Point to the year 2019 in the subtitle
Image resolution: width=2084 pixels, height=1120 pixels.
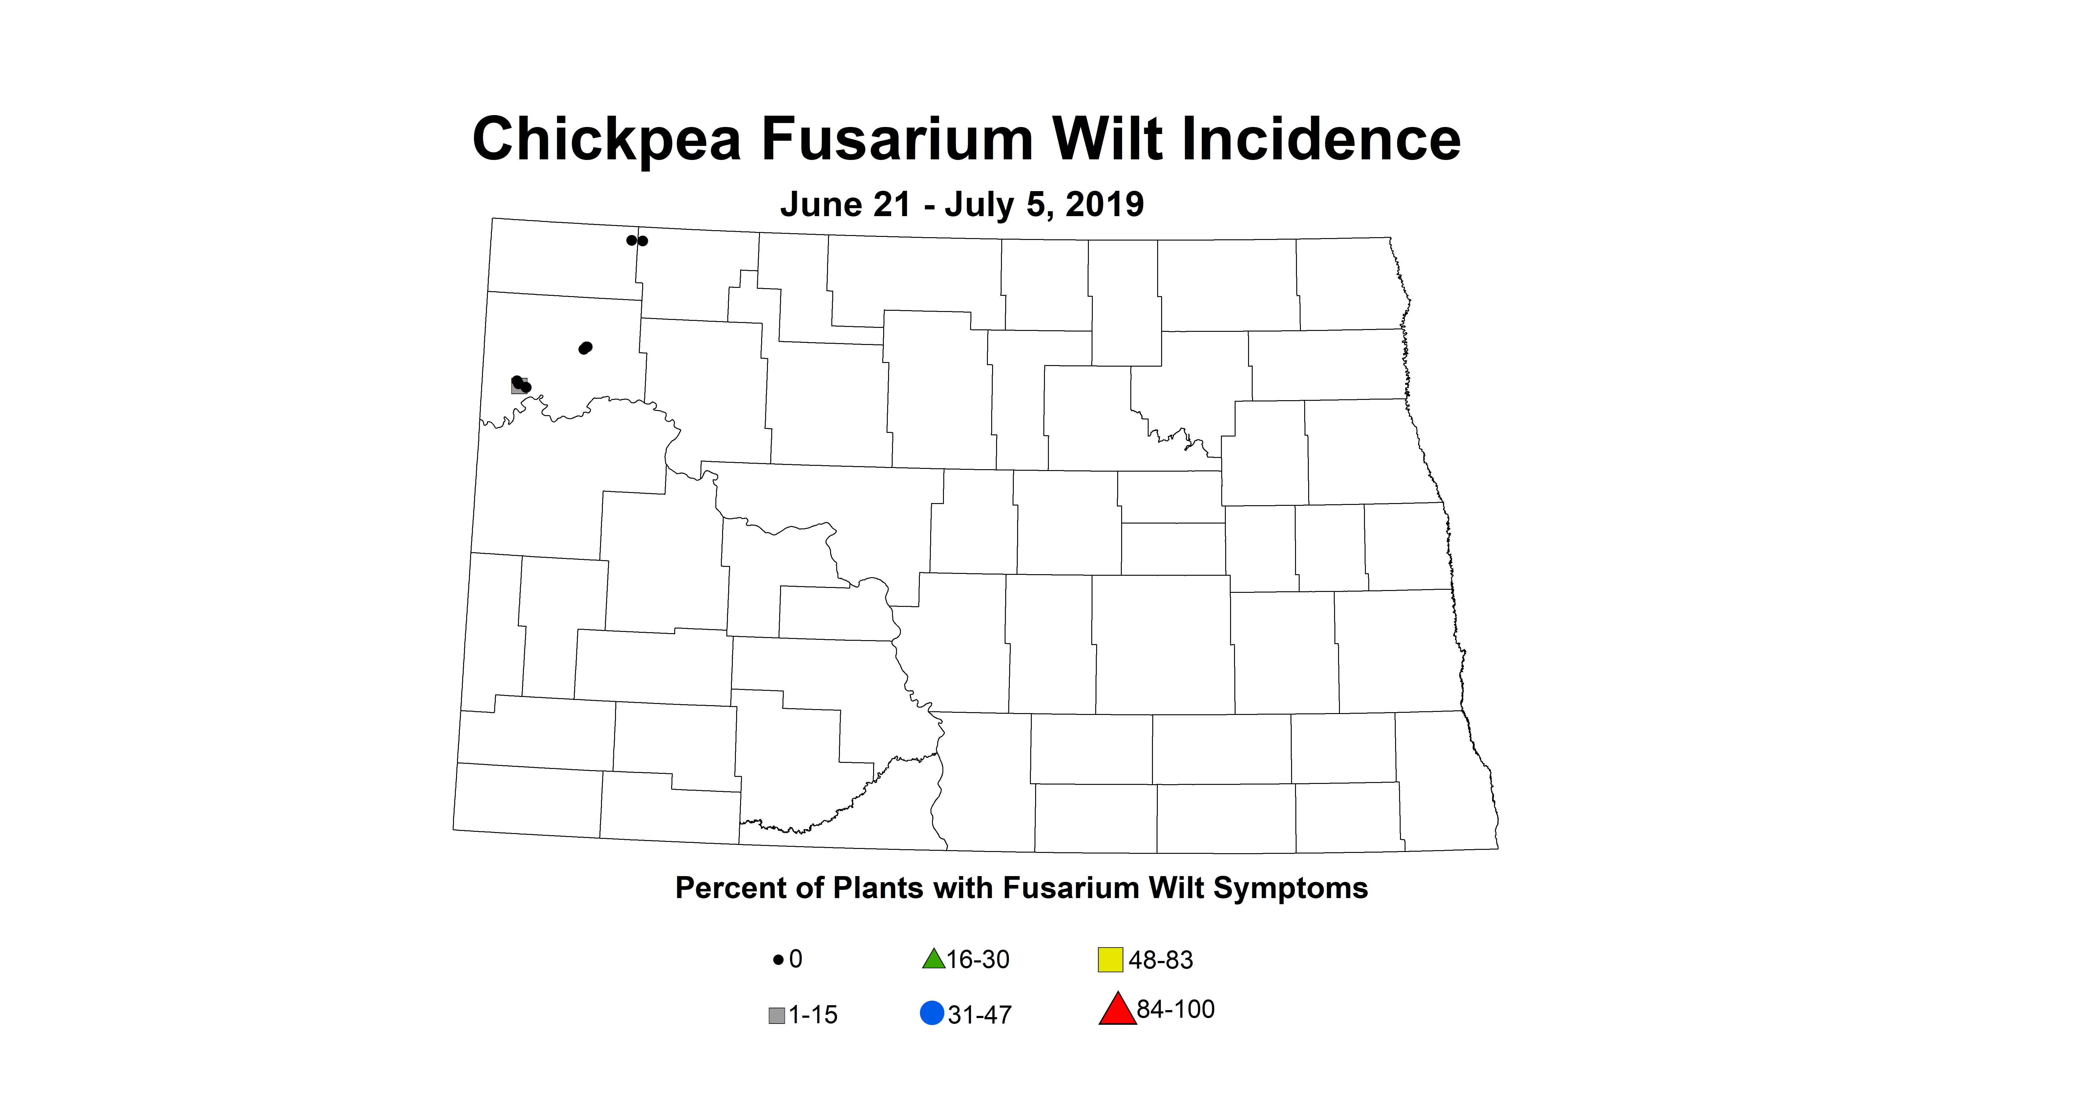pos(1104,205)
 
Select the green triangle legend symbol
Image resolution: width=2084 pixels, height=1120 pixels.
pos(934,959)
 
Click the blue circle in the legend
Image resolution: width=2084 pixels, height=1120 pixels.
pos(932,1013)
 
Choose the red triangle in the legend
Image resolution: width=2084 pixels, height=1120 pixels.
pos(1117,1010)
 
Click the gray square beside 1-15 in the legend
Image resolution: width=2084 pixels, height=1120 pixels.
pos(777,1015)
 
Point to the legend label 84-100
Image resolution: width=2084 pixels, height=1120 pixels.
pos(1175,1009)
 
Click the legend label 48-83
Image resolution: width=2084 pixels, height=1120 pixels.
pos(1161,960)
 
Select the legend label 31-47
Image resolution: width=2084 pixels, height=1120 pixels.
pos(980,1015)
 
